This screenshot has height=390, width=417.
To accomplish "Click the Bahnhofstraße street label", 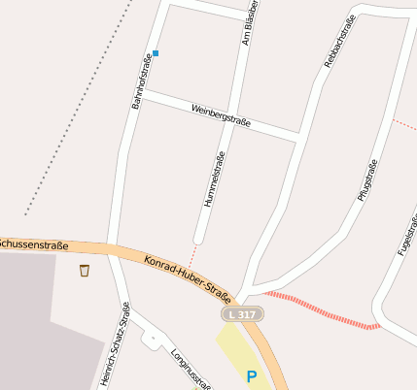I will (x=143, y=81).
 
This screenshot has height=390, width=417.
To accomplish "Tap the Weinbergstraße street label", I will (x=222, y=114).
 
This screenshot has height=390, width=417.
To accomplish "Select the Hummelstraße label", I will (x=214, y=181).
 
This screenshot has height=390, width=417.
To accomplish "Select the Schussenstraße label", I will (x=31, y=242).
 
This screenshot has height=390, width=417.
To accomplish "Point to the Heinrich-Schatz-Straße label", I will (x=116, y=345).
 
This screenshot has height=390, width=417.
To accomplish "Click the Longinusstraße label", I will (x=191, y=370).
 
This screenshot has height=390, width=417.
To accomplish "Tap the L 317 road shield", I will (x=243, y=315).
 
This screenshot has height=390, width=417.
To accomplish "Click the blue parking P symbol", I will (x=252, y=376).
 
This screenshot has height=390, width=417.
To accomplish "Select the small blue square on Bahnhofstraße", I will (x=156, y=53).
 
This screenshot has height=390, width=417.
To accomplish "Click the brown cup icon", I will (x=85, y=270).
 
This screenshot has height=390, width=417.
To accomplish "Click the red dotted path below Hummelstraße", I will (x=192, y=254).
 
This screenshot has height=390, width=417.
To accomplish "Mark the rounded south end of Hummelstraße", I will (x=198, y=238).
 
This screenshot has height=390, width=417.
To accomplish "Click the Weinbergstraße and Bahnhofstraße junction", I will (x=141, y=94).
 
